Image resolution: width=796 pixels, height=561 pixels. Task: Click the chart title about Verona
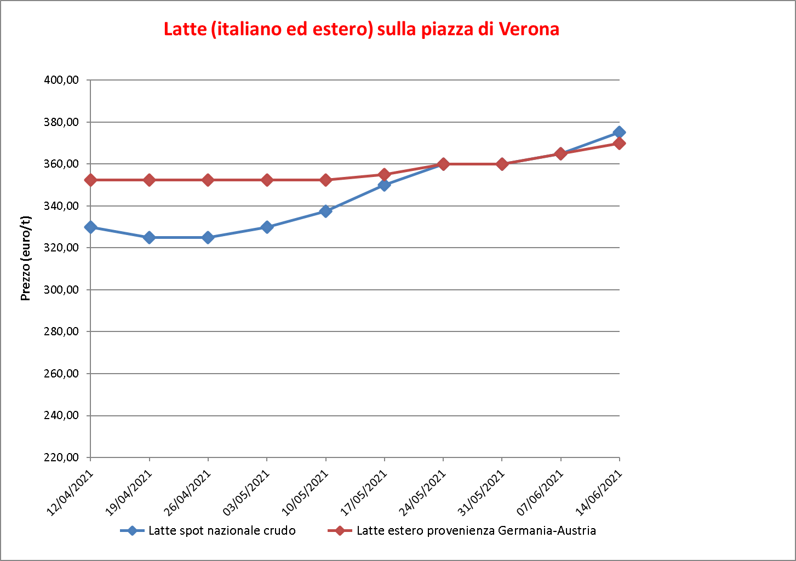point(361,29)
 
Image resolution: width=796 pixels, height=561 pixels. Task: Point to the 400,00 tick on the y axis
point(61,80)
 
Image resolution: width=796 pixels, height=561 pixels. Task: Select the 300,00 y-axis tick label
point(61,290)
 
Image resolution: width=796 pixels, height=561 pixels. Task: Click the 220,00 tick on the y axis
point(61,457)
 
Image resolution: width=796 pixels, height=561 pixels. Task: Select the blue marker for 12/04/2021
point(90,227)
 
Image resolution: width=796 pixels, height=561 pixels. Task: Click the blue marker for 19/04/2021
point(149,238)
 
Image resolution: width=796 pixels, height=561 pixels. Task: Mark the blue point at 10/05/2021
point(325,211)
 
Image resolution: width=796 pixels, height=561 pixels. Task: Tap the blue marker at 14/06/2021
point(620,132)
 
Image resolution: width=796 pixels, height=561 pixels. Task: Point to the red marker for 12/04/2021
point(90,180)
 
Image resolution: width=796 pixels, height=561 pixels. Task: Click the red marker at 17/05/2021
point(385,175)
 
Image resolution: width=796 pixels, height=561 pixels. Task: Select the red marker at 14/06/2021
point(620,144)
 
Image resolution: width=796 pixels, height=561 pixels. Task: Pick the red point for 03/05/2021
point(267,180)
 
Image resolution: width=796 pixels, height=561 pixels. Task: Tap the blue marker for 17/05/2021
point(385,185)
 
